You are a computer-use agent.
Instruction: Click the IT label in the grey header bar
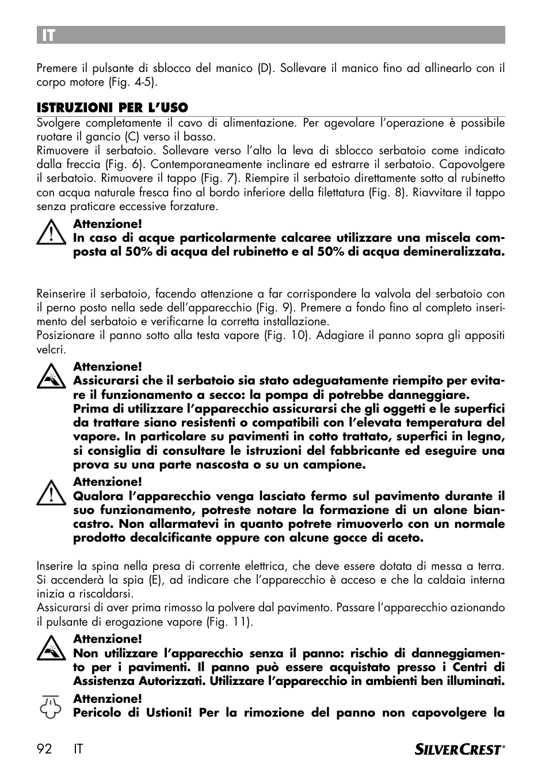[48, 35]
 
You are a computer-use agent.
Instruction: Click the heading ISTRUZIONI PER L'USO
[112, 108]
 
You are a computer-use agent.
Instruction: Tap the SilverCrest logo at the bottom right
[459, 749]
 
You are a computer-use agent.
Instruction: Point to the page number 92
[44, 749]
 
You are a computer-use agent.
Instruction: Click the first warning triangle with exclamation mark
[51, 232]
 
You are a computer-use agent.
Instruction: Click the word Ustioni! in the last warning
[167, 713]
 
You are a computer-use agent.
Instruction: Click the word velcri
[51, 349]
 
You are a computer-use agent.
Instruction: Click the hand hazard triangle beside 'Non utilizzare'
[51, 649]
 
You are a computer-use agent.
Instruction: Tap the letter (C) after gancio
[131, 137]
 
